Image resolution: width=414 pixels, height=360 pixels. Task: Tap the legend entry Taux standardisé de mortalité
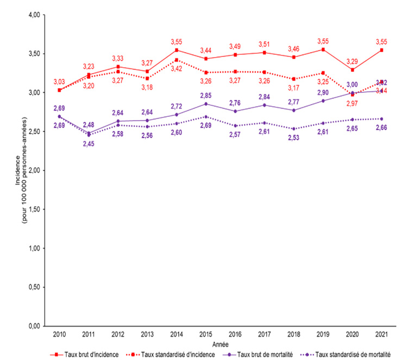click(359, 353)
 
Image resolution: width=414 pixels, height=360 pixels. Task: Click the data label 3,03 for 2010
click(59, 81)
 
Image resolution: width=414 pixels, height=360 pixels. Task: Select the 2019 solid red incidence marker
click(323, 49)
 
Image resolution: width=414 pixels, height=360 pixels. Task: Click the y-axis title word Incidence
click(18, 162)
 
